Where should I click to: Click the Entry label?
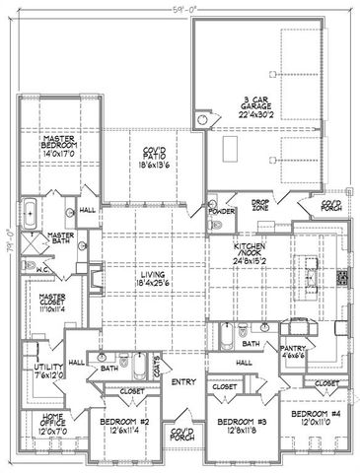coord(182,381)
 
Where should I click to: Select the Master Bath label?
coord(61,238)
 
